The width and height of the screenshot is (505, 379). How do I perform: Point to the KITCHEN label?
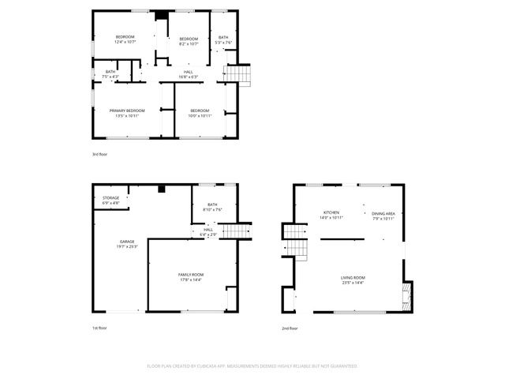pos(330,213)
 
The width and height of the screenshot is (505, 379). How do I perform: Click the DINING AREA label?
pos(383,213)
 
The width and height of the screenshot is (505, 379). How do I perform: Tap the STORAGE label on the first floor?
pos(110,198)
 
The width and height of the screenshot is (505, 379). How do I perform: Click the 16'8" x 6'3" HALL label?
pos(189,72)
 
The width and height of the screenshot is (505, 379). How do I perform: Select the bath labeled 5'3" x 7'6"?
pos(223,38)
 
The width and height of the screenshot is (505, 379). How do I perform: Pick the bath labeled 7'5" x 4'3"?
pos(110,72)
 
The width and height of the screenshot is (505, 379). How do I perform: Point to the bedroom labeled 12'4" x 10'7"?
pos(125,38)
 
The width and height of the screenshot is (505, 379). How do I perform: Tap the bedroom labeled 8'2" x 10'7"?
pos(188,38)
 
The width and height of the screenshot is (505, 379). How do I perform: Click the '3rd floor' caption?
pos(99,154)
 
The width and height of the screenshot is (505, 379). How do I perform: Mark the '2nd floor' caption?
pos(290,328)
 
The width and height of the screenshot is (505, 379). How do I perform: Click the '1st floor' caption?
pos(99,328)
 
